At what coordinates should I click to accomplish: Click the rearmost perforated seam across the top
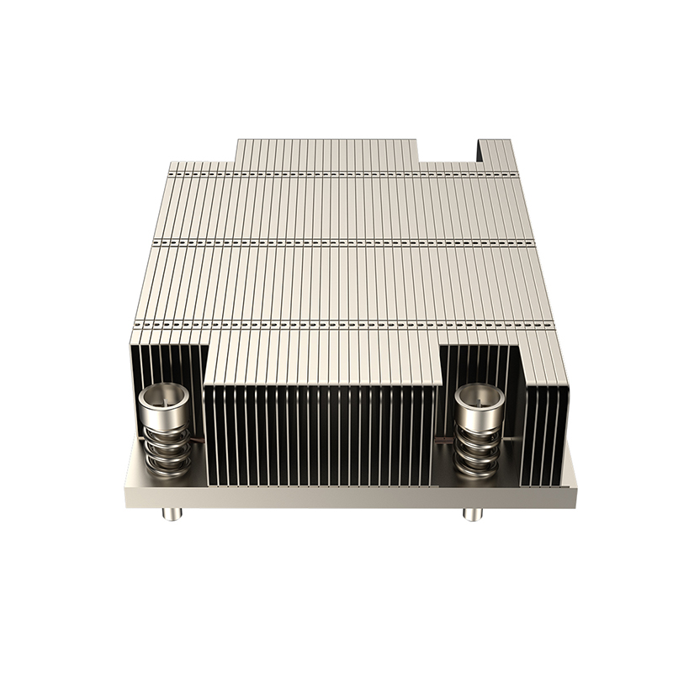(x=336, y=174)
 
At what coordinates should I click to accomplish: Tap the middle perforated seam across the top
(x=336, y=243)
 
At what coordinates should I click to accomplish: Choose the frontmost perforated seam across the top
(x=336, y=324)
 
